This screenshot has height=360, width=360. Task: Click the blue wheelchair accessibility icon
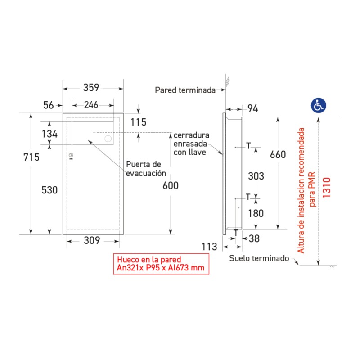319,105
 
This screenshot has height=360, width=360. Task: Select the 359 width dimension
91,88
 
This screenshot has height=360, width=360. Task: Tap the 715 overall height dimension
31,157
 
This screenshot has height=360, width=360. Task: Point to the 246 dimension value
91,105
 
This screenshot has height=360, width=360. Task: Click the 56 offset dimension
49,105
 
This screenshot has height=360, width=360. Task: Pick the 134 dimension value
49,134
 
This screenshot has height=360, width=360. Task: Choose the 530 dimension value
49,190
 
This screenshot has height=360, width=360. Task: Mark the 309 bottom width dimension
92,240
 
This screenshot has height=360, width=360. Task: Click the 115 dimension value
139,122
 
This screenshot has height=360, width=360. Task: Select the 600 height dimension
171,185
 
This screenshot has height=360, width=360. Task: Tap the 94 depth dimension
253,108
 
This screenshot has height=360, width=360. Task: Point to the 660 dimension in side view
278,154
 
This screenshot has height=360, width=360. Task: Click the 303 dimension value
256,176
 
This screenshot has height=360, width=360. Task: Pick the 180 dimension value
256,213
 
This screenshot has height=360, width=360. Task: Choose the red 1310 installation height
327,187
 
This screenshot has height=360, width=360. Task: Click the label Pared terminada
185,90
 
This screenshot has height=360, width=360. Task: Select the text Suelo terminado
259,258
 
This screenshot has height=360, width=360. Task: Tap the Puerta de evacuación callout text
146,169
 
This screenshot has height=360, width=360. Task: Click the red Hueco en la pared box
161,264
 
